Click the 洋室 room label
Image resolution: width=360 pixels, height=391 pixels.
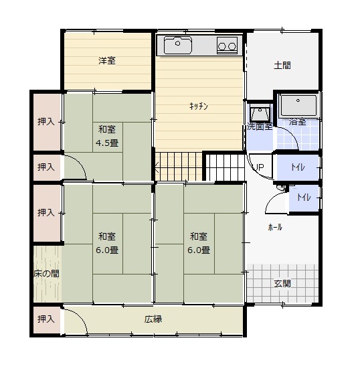tap(107, 61)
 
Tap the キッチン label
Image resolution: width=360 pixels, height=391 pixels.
tap(199, 106)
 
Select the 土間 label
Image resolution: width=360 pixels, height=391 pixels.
tap(282, 66)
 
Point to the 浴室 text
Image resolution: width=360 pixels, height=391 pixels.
tap(297, 122)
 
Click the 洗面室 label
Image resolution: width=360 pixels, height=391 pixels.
tap(260, 127)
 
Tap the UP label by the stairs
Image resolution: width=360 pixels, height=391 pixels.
tap(258, 167)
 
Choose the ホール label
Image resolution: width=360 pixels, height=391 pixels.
tap(275, 227)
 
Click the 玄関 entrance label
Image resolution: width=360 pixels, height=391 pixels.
tap(282, 283)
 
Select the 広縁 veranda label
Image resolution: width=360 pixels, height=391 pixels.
tap(153, 319)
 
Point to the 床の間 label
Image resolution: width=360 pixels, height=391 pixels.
tap(46, 274)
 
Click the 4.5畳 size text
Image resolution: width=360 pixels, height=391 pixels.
tap(107, 143)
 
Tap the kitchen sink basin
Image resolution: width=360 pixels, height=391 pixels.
tap(178, 45)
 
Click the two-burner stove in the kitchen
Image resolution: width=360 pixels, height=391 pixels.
tap(227, 46)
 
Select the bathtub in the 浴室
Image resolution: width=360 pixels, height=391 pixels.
tap(298, 106)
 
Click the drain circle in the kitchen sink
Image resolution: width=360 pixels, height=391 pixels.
tap(178, 44)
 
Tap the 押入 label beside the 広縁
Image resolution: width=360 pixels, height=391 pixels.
tap(46, 319)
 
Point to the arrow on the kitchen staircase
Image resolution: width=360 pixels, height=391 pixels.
tap(157, 167)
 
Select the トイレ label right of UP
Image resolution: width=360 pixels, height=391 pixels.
tap(298, 167)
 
